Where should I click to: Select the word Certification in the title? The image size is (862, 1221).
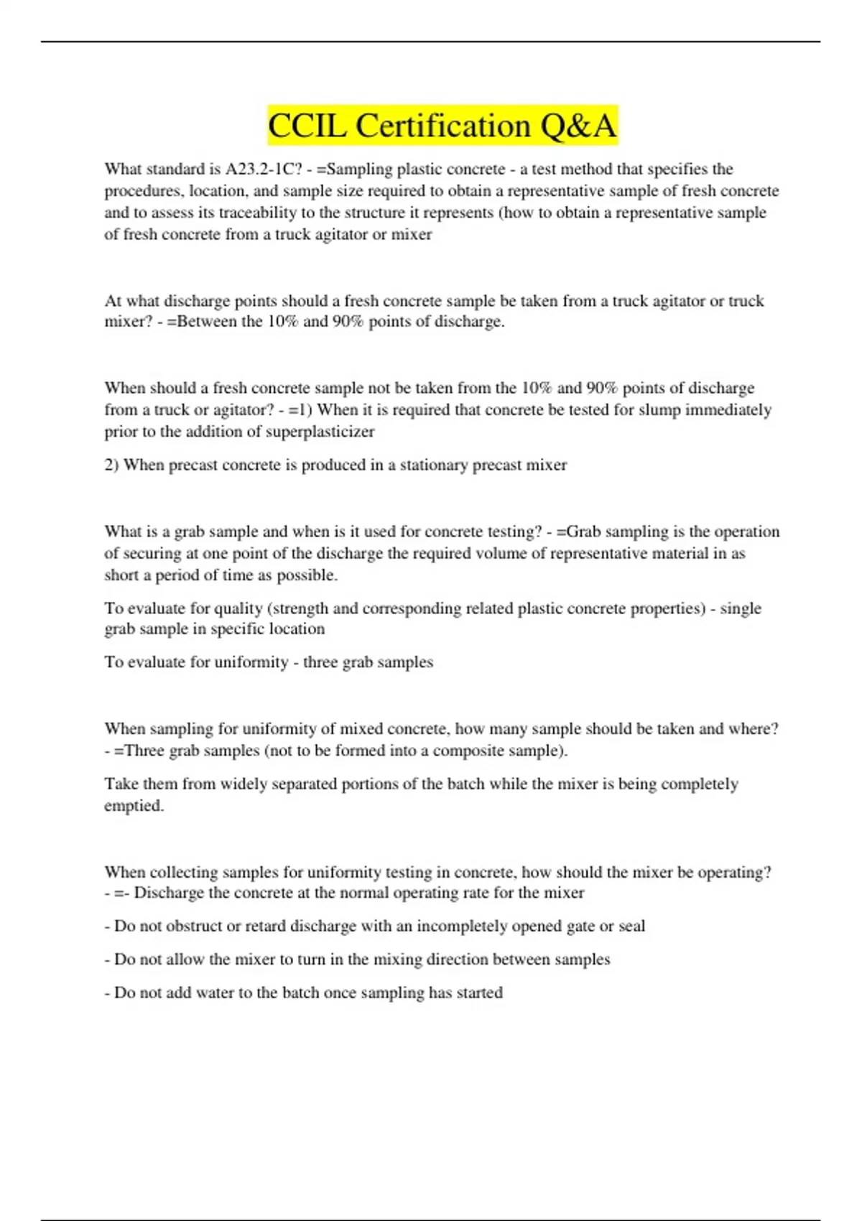(x=443, y=126)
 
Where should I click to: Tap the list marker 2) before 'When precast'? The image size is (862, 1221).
(x=112, y=465)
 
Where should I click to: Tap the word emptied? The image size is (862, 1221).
(x=134, y=806)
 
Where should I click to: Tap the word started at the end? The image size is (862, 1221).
(x=480, y=993)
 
